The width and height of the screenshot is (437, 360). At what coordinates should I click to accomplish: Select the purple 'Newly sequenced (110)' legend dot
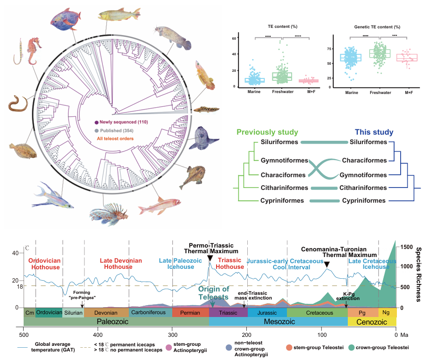tap(96, 122)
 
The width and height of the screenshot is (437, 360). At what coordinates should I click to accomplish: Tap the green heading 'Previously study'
tap(267, 133)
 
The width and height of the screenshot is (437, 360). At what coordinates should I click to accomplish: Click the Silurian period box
tap(73, 313)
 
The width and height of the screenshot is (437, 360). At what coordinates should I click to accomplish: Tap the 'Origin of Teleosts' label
tap(214, 293)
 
